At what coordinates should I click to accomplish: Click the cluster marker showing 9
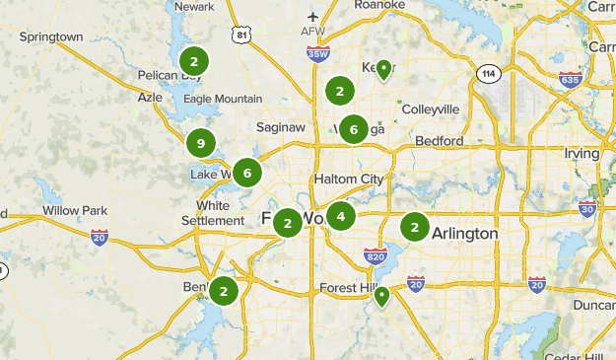point(201,144)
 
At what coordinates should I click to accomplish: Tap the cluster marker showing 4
point(341,216)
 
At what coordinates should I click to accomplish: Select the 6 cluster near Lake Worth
point(247,174)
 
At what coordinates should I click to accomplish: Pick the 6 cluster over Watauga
point(353,128)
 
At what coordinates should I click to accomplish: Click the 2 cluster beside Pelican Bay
point(194,62)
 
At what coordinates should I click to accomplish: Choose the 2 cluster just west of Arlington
point(415,228)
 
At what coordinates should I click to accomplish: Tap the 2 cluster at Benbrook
point(224,291)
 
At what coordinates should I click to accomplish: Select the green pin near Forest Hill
point(381,295)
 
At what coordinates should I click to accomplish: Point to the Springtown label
point(51,36)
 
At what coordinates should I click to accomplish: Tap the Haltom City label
point(348,179)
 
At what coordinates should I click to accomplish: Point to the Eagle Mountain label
point(223,99)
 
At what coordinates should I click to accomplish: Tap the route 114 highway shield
point(488,74)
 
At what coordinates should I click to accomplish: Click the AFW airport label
point(312,31)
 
